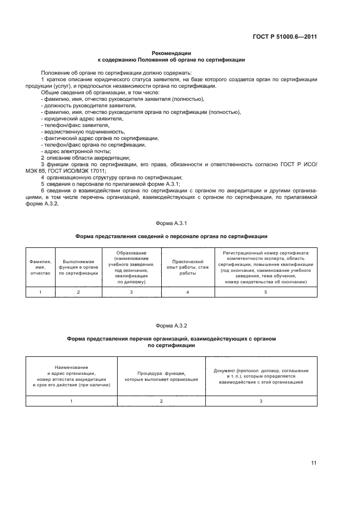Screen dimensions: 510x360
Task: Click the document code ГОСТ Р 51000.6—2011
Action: [x=292, y=37]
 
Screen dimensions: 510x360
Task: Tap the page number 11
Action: [x=314, y=463]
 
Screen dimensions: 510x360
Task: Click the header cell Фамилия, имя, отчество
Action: [x=40, y=267]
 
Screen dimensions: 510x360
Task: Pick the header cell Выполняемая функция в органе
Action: [x=78, y=267]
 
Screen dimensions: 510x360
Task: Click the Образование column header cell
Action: [x=131, y=267]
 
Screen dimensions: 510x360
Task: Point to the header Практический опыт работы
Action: [x=187, y=267]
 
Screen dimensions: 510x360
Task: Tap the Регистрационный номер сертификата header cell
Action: [x=265, y=267]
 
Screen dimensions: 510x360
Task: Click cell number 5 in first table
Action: [x=265, y=293]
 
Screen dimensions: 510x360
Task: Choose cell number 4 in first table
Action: [x=187, y=293]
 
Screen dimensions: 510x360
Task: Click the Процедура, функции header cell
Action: [x=161, y=375]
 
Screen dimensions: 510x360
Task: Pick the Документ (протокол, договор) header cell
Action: [x=261, y=375]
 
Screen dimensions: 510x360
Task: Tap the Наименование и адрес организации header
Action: [x=71, y=375]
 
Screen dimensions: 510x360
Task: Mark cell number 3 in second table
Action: [x=261, y=401]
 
